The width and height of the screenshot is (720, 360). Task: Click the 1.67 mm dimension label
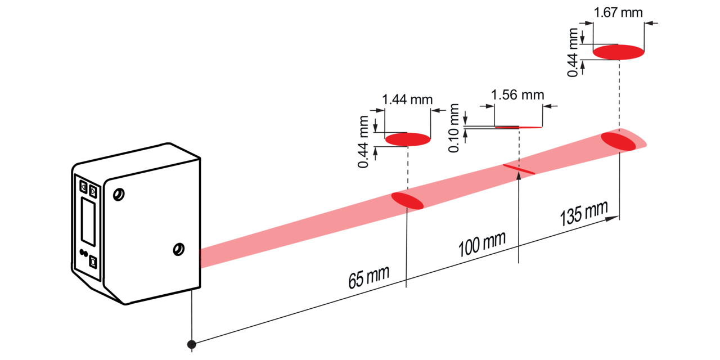pos(618,13)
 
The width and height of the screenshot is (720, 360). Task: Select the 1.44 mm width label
pos(407,100)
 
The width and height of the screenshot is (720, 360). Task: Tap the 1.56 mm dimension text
pos(517,95)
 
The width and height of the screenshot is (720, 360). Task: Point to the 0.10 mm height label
pos(453,128)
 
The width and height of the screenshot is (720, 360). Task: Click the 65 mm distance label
pos(368,277)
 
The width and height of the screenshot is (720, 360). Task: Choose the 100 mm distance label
pos(482,244)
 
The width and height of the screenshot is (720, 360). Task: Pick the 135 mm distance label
pos(584,213)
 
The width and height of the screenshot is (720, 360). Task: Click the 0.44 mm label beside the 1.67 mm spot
pos(573,52)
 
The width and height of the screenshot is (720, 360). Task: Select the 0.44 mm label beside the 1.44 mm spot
pos(363,142)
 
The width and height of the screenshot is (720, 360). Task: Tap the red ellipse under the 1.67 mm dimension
pos(618,52)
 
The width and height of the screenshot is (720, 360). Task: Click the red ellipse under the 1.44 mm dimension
pos(408,139)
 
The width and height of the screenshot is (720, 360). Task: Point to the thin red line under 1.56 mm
pos(518,127)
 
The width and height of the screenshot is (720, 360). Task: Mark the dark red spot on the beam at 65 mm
pos(407,201)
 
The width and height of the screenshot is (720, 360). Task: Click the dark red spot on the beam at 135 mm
pos(618,141)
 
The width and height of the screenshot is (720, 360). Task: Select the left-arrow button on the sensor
pos(83,186)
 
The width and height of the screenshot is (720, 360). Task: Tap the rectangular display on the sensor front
pos(88,222)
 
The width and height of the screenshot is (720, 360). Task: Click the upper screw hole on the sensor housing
pos(119,195)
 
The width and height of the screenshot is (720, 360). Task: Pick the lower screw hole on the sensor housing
pos(178,249)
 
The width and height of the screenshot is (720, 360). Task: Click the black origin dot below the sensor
pos(192,345)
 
